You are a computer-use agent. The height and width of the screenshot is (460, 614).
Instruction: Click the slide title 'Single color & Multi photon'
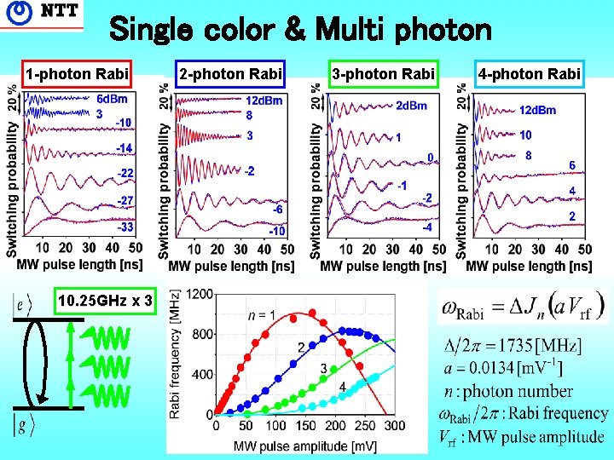301,32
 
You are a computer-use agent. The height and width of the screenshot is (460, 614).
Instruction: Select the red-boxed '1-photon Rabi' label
78,74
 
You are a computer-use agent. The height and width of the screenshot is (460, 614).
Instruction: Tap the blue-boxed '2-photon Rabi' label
230,74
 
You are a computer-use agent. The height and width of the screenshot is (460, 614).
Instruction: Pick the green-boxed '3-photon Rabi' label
384,74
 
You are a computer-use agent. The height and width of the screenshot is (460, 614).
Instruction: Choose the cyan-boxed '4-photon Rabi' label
530,74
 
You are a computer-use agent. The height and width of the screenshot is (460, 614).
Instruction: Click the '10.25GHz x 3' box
106,301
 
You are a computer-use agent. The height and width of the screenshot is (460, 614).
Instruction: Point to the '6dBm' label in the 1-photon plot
113,98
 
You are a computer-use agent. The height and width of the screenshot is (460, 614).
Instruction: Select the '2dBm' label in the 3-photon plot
412,106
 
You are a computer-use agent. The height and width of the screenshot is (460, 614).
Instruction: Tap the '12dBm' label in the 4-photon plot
537,110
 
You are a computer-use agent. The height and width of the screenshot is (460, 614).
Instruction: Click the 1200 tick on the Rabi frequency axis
201,294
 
